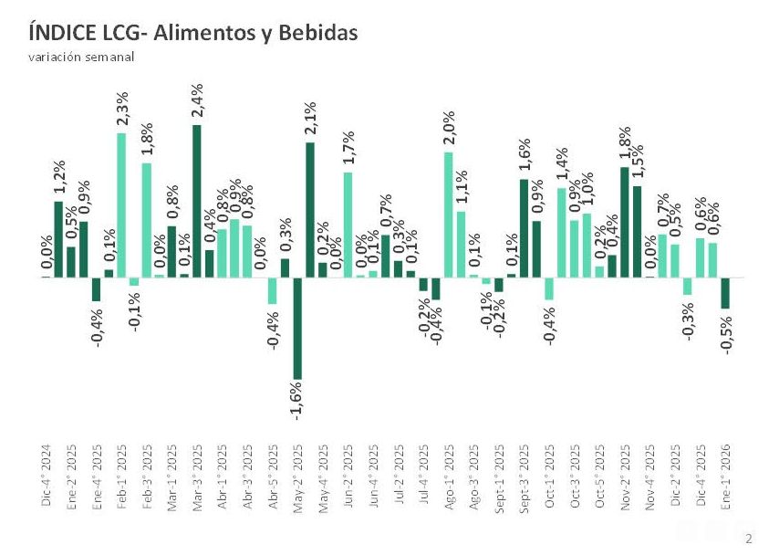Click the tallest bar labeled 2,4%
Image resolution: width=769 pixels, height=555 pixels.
pyautogui.click(x=197, y=200)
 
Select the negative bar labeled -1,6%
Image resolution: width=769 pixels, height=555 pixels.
pyautogui.click(x=297, y=328)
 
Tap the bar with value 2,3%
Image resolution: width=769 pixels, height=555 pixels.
pyautogui.click(x=121, y=204)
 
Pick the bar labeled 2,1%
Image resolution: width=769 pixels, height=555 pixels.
pyautogui.click(x=310, y=209)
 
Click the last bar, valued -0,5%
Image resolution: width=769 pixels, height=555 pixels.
pyautogui.click(x=725, y=293)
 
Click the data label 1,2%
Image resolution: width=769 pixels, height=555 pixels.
pyautogui.click(x=58, y=177)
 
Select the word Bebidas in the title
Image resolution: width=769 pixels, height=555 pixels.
pyautogui.click(x=318, y=33)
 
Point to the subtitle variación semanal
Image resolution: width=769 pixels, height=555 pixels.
pyautogui.click(x=80, y=57)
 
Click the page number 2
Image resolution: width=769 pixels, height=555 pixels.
pyautogui.click(x=749, y=539)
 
